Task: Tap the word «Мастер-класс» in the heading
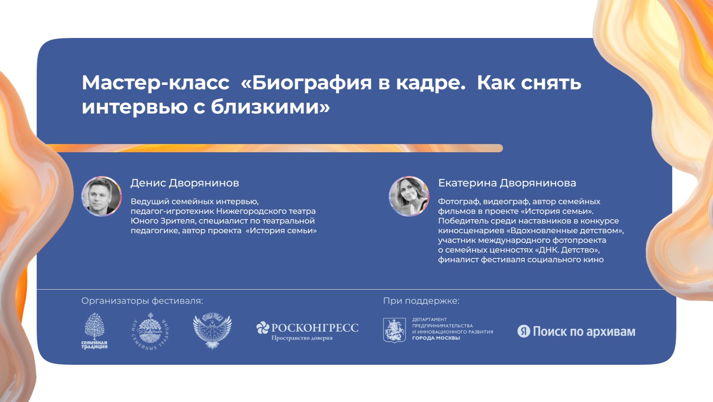tap(155, 83)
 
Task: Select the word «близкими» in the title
tap(270, 107)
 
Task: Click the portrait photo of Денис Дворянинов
tap(102, 196)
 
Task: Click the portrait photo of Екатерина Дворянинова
tap(409, 196)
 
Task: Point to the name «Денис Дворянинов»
tap(184, 183)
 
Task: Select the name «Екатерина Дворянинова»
tap(507, 183)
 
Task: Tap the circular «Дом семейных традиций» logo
tap(151, 331)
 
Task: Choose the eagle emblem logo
tap(212, 331)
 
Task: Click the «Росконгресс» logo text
tap(314, 328)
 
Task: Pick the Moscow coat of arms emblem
tap(394, 330)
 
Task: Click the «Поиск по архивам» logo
tap(576, 331)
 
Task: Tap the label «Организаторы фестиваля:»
tap(142, 301)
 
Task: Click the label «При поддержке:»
tap(421, 301)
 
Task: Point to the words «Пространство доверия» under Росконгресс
tap(302, 338)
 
